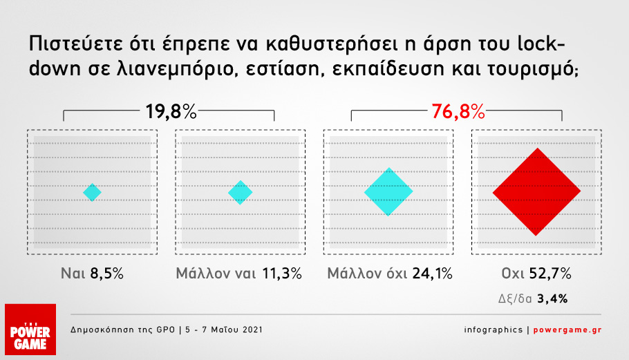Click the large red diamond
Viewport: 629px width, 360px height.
536,191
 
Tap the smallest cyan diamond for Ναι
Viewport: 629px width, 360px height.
92,192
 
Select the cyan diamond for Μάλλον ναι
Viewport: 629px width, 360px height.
241,192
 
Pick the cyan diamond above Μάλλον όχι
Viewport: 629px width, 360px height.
388,191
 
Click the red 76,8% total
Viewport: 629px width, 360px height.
458,111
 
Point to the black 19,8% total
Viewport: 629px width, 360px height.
171,111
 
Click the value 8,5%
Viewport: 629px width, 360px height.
106,274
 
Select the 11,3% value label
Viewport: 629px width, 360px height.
282,274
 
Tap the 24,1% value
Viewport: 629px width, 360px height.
433,274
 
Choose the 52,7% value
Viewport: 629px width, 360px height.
550,274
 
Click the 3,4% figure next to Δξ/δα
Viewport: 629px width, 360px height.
552,299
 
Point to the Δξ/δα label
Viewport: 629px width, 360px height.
515,299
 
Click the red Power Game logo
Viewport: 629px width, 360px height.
30,330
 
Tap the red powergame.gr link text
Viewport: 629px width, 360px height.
567,330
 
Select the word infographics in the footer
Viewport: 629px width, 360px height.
494,330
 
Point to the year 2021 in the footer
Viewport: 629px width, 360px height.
253,330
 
